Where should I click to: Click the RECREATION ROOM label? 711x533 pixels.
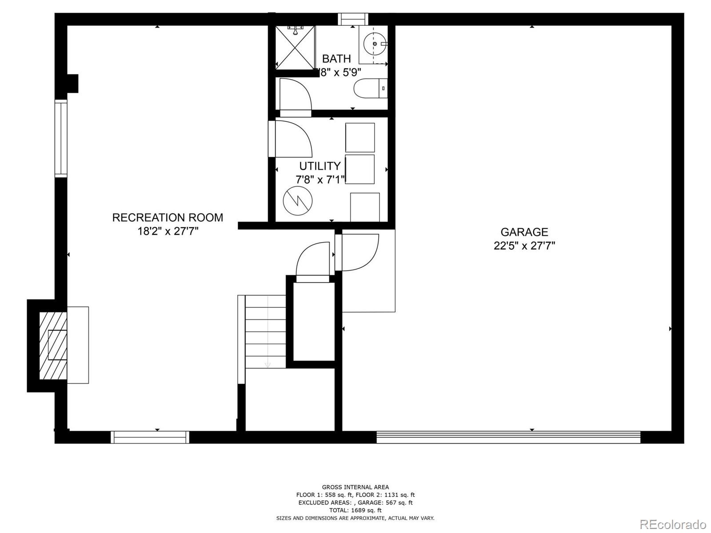tap(168, 217)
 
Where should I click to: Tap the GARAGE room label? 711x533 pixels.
tap(524, 232)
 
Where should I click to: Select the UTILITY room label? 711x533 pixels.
tap(320, 166)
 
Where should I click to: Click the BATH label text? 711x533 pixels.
tap(336, 59)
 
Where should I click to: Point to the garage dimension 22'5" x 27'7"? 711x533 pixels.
tap(524, 246)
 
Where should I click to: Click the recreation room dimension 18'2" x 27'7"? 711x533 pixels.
tap(168, 231)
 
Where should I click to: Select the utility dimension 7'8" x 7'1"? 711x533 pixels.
tap(320, 180)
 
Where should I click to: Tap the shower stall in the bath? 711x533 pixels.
tap(295, 47)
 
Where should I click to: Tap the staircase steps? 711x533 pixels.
tap(266, 331)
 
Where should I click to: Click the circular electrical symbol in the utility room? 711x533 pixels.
tap(298, 201)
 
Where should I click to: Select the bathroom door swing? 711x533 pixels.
tap(294, 95)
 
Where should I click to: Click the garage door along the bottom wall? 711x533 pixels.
tap(508, 437)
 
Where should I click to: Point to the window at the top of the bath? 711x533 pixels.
tap(353, 19)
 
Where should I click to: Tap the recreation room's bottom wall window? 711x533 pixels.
tap(150, 437)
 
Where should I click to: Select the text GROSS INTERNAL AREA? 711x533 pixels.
tap(355, 487)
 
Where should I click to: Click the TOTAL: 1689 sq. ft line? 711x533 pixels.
tap(355, 510)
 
